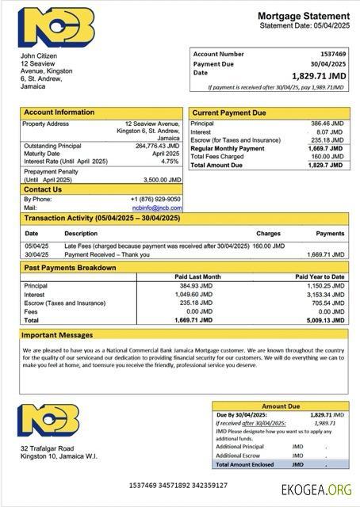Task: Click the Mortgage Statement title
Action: point(303,16)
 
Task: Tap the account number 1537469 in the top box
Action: point(330,54)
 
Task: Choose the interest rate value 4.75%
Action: point(170,161)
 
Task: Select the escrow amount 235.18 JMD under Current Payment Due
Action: point(327,140)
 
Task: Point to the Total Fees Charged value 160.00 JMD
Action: point(327,156)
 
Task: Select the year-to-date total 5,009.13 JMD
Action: point(326,319)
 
